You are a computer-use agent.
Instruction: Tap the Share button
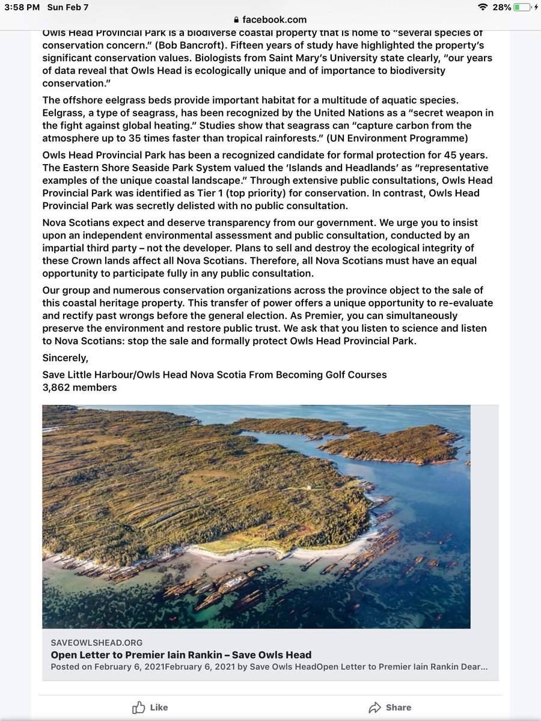coord(390,707)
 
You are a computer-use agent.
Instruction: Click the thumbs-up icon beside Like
coord(139,707)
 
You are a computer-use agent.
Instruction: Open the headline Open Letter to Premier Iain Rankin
coord(181,654)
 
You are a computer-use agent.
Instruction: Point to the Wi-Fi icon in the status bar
coord(482,7)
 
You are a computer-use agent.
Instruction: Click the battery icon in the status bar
coord(522,7)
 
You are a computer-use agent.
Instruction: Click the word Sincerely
coord(65,358)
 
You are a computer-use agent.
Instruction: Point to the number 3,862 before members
coord(59,388)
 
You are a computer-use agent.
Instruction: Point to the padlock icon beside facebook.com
coord(236,20)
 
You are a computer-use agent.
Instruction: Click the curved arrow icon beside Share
coord(375,707)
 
